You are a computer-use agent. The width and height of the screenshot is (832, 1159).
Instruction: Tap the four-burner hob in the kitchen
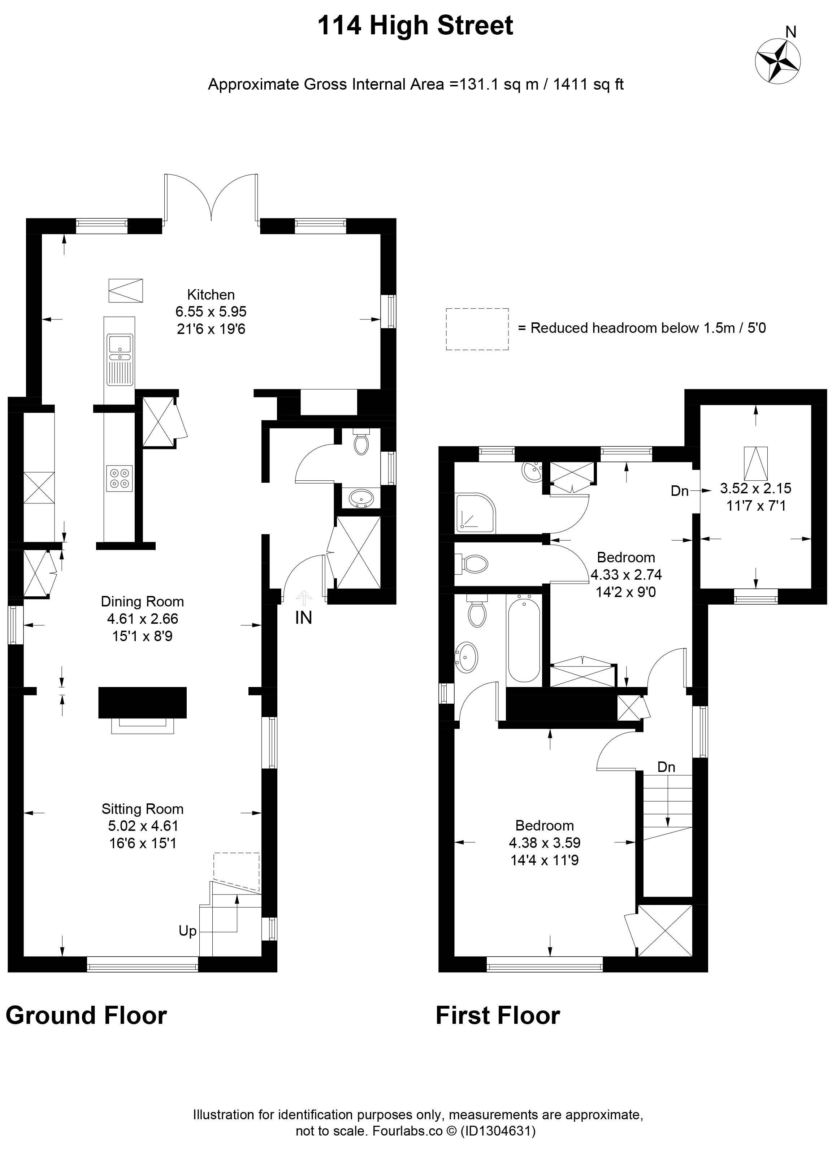click(x=120, y=478)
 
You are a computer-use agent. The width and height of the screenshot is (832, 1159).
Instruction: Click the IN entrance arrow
click(x=304, y=597)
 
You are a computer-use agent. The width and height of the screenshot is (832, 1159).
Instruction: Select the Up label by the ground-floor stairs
click(x=187, y=931)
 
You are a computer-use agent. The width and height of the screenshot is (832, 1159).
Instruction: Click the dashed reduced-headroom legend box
click(x=477, y=329)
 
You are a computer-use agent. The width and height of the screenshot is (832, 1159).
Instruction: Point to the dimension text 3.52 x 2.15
click(x=755, y=488)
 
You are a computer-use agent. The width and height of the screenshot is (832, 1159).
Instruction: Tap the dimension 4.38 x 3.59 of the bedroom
click(x=545, y=842)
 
